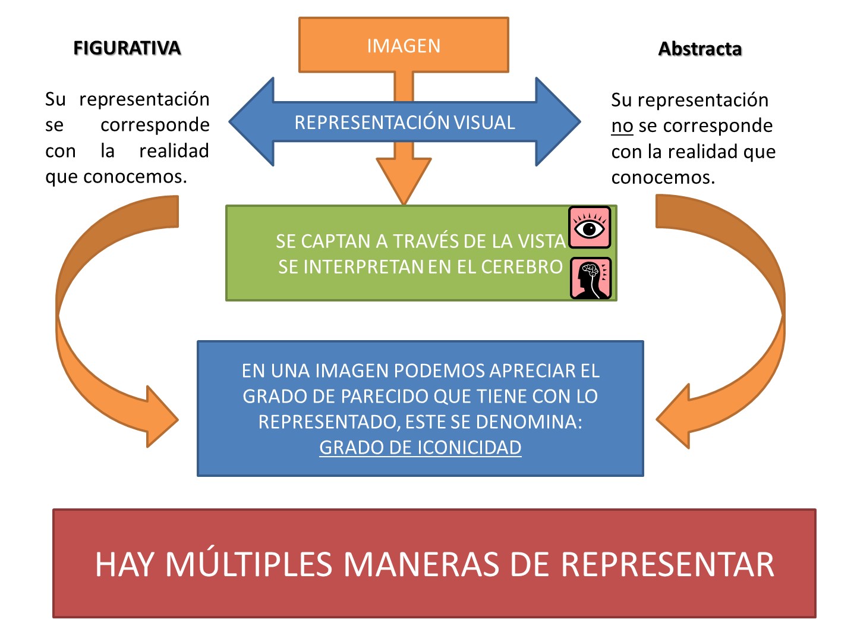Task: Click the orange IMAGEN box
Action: point(404,45)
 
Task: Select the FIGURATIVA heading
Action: point(127,48)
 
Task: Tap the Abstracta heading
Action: point(699,49)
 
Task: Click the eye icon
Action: point(590,227)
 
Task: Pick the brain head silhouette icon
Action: point(590,278)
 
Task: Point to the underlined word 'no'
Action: point(622,126)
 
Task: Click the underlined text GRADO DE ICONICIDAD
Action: point(420,447)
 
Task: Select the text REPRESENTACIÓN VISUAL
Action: point(405,122)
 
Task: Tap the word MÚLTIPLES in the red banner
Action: point(248,564)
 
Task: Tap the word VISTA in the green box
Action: point(541,241)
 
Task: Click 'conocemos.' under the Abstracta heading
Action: point(663,177)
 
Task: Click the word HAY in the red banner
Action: point(125,564)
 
